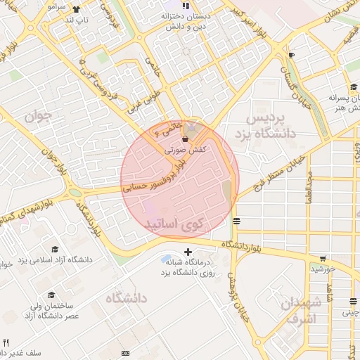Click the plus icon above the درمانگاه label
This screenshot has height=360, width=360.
tap(187, 252)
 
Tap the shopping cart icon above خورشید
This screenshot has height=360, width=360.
tap(323, 259)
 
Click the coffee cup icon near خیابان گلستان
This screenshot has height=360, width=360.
tap(291, 55)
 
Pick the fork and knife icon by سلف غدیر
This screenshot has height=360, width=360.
tap(6, 342)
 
